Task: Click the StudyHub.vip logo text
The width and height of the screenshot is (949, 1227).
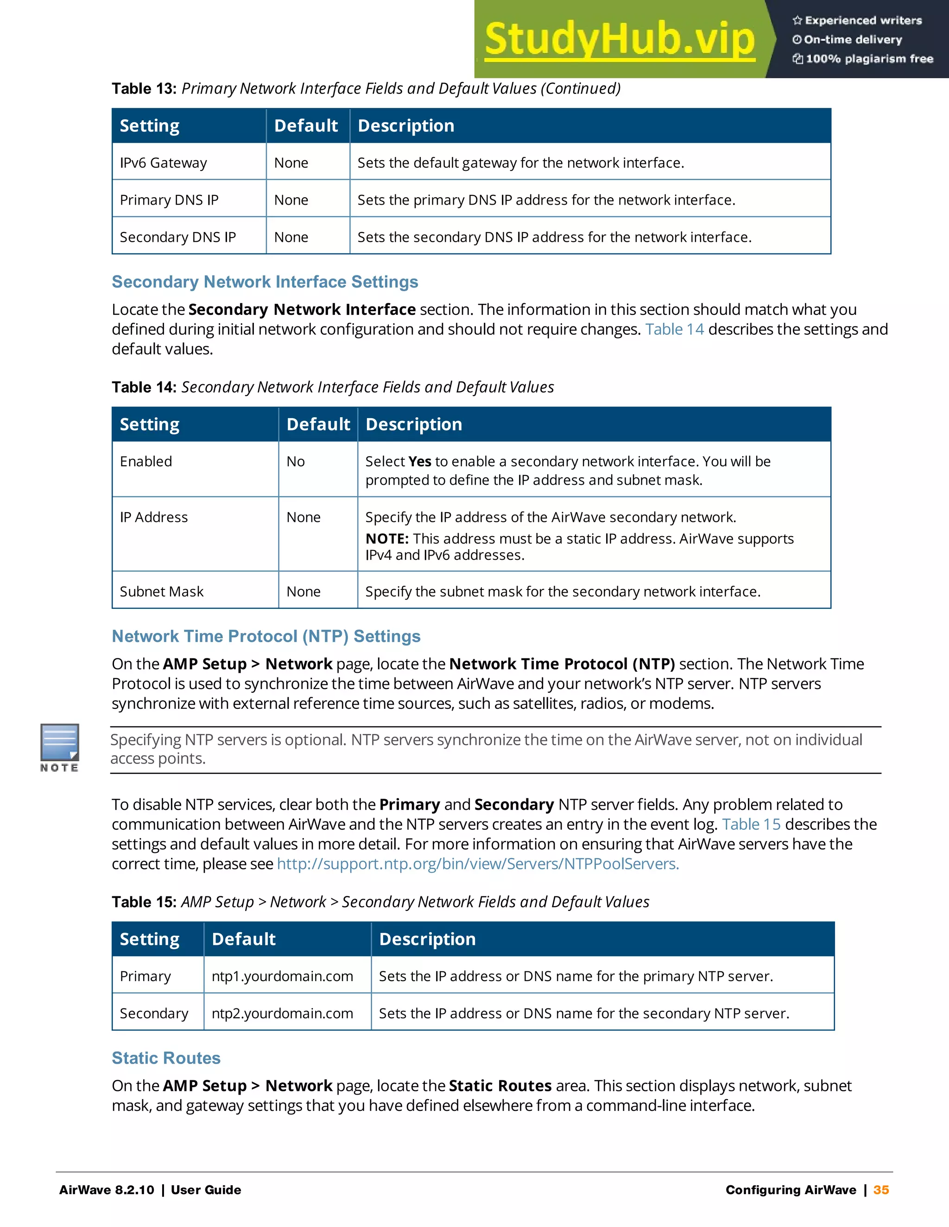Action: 619,39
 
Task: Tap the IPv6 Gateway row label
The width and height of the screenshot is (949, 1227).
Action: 163,163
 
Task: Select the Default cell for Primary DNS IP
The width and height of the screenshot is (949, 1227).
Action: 291,200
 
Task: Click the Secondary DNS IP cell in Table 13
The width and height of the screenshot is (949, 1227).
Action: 177,237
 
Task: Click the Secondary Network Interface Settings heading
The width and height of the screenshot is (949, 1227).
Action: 265,282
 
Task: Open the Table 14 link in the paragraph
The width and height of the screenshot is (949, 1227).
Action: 674,329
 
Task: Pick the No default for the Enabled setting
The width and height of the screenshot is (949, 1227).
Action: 295,462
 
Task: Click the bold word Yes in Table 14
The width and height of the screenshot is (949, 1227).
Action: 419,462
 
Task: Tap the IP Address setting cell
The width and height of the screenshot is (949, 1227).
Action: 153,518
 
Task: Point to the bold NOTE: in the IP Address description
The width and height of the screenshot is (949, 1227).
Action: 387,539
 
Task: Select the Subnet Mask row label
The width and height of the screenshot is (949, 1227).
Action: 161,592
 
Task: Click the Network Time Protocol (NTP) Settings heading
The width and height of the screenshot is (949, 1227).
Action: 266,636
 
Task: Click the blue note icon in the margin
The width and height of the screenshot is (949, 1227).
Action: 60,743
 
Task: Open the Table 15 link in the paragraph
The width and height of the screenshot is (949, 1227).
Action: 751,824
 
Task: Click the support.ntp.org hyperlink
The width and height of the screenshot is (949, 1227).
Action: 478,864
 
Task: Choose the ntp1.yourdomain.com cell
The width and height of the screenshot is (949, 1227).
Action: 282,977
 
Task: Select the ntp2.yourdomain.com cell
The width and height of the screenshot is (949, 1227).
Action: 282,1014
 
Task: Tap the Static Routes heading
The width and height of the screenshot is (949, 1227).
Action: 166,1058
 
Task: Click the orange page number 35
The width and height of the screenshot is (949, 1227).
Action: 881,1190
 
